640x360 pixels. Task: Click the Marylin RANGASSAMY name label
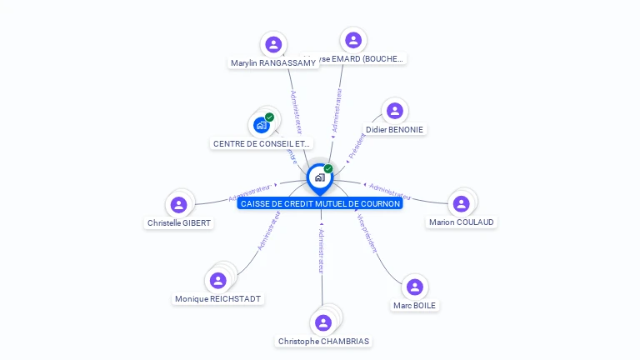coord(273,63)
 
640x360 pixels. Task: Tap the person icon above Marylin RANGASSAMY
coord(272,44)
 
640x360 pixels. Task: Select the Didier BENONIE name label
coord(394,130)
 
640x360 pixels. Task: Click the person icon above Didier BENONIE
coord(394,111)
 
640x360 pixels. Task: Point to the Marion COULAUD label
coord(461,222)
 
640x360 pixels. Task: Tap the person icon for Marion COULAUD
coord(460,203)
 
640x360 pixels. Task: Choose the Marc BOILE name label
coord(414,306)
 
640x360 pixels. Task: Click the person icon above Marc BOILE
coord(414,287)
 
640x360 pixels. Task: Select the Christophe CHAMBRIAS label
coord(323,342)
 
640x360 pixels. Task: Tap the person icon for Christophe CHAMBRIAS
coord(323,322)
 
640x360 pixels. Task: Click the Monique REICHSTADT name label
coord(217,299)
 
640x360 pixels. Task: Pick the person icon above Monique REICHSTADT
coord(218,280)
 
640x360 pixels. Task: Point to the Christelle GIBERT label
coord(179,223)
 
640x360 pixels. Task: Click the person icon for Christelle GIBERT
coord(178,204)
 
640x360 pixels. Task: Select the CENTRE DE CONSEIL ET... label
coord(262,144)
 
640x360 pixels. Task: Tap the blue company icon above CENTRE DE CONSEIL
coord(262,125)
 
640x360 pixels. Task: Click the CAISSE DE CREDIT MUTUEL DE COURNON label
coord(320,203)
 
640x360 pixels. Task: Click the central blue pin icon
coord(319,177)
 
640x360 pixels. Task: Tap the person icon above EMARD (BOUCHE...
coord(353,40)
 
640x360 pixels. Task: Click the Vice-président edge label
coord(367,234)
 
